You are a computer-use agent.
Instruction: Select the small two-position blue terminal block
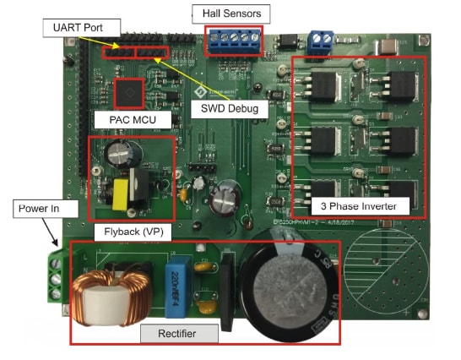321,41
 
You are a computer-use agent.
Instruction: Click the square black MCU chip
129,90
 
